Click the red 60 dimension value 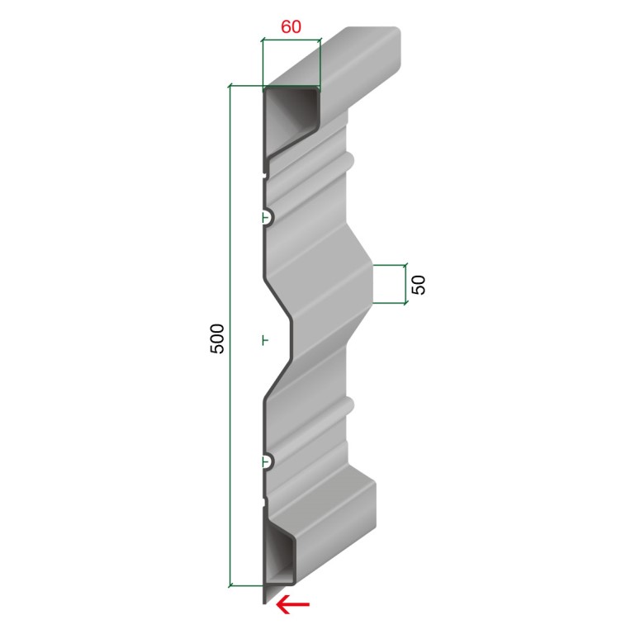click(x=291, y=26)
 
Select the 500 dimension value click(x=217, y=338)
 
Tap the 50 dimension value click(x=419, y=285)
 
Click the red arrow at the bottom click(x=292, y=605)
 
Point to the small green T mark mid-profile click(x=265, y=340)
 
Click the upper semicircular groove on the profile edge click(x=268, y=218)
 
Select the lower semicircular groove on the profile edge click(x=268, y=461)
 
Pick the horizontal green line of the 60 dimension click(x=291, y=40)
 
